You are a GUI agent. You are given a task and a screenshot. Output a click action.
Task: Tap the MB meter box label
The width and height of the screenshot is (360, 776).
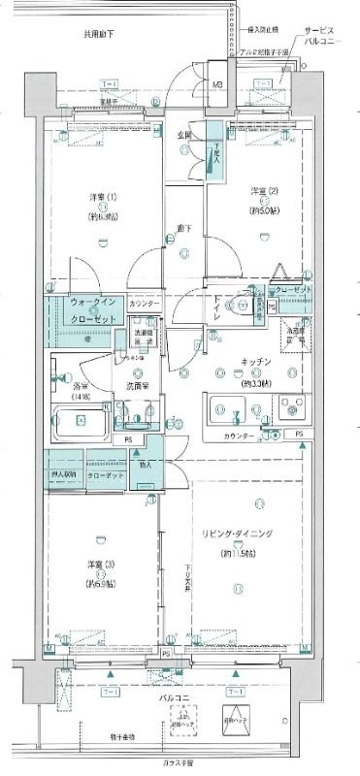pos(217,86)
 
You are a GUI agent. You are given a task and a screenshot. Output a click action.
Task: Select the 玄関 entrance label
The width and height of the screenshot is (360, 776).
pos(184,134)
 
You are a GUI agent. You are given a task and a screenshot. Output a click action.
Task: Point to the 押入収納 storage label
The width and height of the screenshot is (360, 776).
pos(64,474)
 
